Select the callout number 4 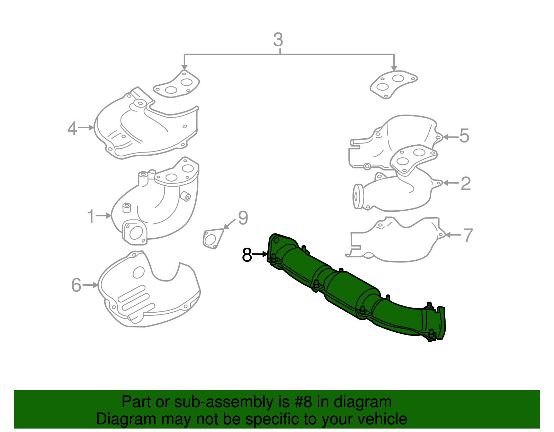tap(72, 128)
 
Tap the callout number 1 tap(91, 217)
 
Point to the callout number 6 tap(76, 285)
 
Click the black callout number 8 tap(247, 255)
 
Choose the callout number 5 tap(464, 136)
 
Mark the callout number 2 tap(466, 184)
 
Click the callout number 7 tap(468, 236)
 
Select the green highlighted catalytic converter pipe tap(346, 287)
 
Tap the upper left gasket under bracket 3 tap(177, 85)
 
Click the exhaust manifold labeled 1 tap(156, 204)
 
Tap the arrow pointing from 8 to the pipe tap(260, 255)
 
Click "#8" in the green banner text tap(304, 402)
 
